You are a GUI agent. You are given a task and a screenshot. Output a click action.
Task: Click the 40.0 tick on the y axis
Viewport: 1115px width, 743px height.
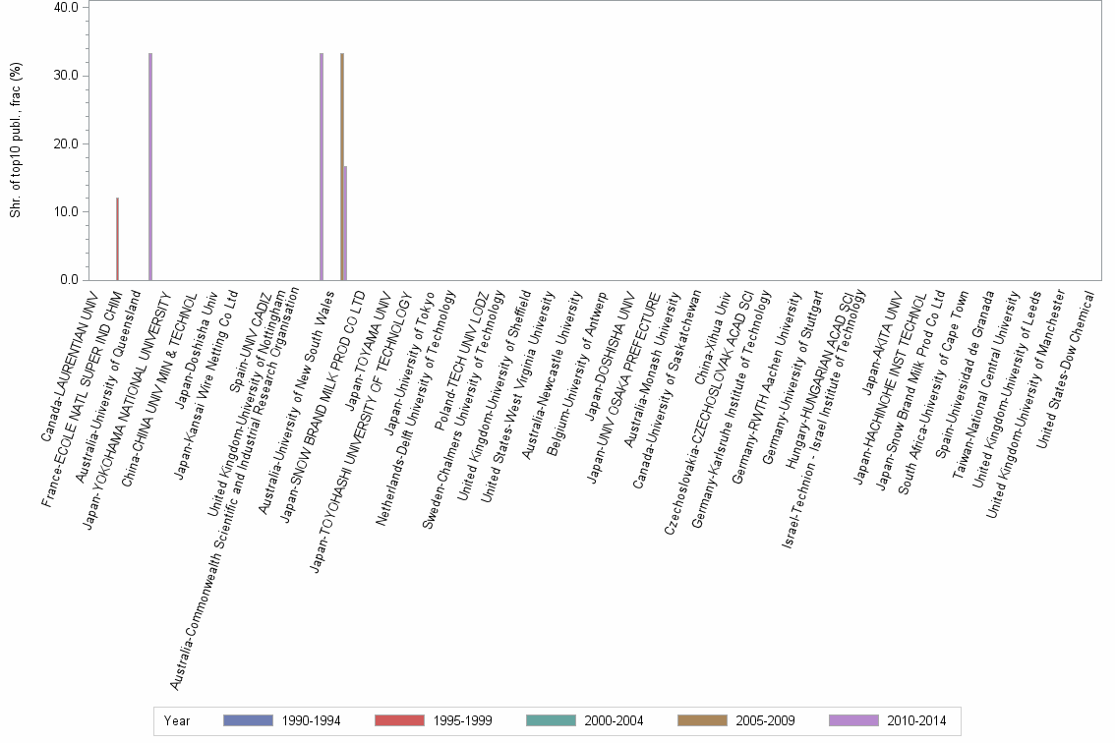coord(67,8)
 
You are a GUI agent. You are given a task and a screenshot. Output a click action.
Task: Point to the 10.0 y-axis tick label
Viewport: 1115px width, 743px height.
coord(67,212)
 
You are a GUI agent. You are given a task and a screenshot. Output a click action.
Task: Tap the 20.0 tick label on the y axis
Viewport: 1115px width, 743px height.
coord(67,144)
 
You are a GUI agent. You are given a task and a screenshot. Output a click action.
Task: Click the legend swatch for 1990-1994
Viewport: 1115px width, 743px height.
coord(248,720)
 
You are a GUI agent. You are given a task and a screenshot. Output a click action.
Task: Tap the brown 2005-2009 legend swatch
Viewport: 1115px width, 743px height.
coord(702,720)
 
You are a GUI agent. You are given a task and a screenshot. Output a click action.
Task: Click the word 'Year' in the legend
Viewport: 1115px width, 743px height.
coord(177,720)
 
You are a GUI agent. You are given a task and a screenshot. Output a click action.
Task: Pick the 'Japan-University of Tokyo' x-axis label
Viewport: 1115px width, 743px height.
coord(408,360)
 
